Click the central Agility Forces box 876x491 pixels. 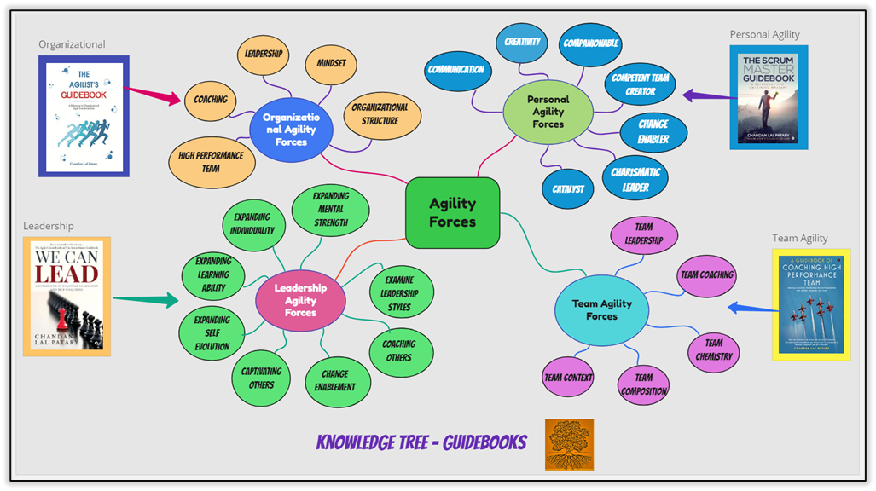[x=452, y=212]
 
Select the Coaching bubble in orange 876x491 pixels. [x=211, y=100]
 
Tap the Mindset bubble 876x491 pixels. [x=330, y=64]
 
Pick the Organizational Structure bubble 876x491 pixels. [x=380, y=114]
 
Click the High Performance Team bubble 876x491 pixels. [x=211, y=162]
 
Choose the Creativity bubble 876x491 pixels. [x=522, y=43]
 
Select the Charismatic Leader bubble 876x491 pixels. [x=635, y=179]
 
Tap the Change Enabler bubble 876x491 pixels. [x=653, y=131]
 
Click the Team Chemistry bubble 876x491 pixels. [x=713, y=349]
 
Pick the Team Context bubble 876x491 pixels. [x=568, y=378]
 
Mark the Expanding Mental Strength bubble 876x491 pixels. [x=330, y=210]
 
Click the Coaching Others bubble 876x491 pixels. [x=399, y=350]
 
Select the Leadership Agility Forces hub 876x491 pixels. [x=300, y=300]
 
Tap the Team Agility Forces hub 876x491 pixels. [x=601, y=309]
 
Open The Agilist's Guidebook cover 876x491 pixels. [x=84, y=116]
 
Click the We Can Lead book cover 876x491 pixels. [x=67, y=297]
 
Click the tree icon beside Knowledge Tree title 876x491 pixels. [x=569, y=444]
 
